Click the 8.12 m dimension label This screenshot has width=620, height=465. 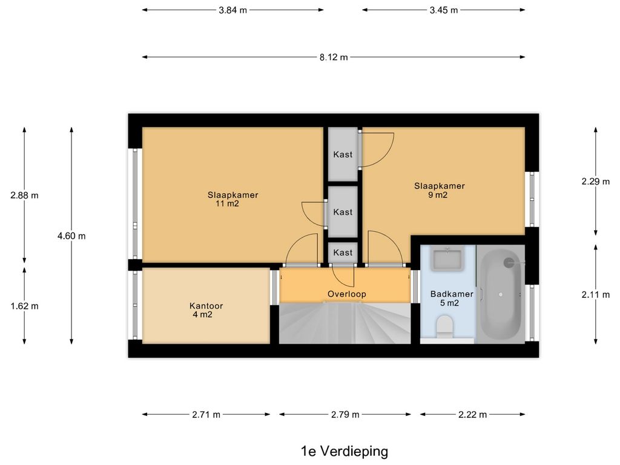tap(334, 58)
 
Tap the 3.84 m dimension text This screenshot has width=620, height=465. tap(232, 10)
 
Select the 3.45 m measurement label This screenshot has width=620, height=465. tap(444, 10)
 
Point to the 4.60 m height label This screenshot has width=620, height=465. tap(71, 236)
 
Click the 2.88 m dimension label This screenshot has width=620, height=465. tap(24, 196)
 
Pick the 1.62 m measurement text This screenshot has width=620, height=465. tap(24, 306)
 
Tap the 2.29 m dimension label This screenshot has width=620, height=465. tap(596, 182)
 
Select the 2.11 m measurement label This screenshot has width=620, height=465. tap(596, 295)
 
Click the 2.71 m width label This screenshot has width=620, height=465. tap(206, 415)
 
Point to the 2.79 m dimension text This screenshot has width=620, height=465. tap(345, 415)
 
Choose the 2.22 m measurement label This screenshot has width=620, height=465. tap(472, 415)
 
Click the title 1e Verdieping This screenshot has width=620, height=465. tap(345, 451)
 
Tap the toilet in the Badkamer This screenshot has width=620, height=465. tap(445, 326)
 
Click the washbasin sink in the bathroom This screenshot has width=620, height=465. tap(447, 259)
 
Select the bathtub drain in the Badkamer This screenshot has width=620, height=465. tap(501, 295)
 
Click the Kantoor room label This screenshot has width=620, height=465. tap(206, 306)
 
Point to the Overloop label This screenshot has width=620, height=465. tap(347, 294)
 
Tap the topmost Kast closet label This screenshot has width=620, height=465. tap(343, 154)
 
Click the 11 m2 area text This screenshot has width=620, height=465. tap(228, 204)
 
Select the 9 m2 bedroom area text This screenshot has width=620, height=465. tap(438, 195)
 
